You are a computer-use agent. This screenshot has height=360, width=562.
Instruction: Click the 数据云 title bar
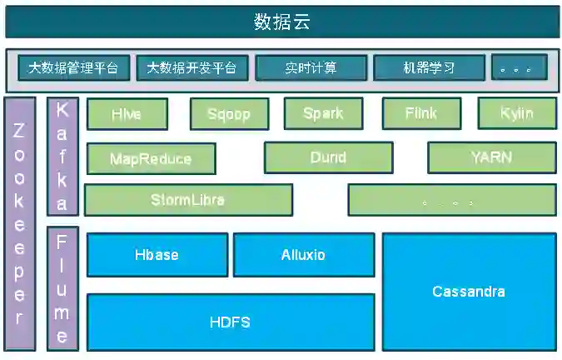[281, 22]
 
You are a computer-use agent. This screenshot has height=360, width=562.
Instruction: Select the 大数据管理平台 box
[73, 67]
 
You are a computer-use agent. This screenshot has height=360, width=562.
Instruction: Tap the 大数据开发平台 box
[191, 67]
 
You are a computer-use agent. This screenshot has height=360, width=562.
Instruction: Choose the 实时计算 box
[311, 67]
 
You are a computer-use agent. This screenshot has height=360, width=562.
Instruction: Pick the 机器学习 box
[429, 67]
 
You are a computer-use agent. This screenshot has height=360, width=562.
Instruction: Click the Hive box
[127, 114]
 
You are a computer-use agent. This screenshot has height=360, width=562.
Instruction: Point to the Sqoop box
[230, 114]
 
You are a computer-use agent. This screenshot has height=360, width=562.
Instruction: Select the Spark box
[323, 113]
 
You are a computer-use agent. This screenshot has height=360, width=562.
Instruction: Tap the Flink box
[421, 113]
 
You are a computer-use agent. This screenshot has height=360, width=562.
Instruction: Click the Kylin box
[516, 113]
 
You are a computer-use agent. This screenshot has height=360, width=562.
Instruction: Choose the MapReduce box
[150, 158]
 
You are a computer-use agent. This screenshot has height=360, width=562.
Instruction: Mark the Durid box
[328, 157]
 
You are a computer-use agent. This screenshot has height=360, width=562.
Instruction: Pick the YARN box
[491, 157]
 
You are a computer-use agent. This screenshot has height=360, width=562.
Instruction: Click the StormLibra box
[188, 200]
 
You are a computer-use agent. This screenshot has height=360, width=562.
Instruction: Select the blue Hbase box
[157, 255]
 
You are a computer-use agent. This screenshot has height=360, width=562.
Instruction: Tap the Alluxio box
[303, 255]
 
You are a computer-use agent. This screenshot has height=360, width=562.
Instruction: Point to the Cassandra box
[469, 292]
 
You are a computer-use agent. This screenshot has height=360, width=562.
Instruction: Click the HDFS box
[230, 322]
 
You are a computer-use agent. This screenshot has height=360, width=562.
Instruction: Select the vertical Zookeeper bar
[19, 223]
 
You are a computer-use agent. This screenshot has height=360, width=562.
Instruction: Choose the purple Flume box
[62, 287]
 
